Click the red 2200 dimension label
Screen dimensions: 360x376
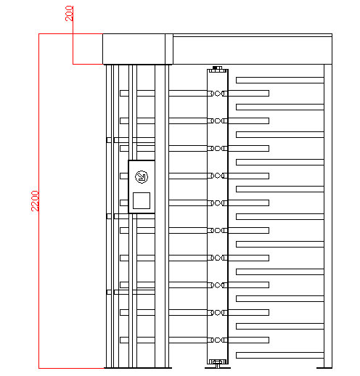(35, 201)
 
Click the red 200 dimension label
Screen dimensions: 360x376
(69, 13)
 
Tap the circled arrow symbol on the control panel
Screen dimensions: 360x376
(142, 176)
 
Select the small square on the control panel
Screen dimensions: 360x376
(142, 200)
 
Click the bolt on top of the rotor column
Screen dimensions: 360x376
(218, 68)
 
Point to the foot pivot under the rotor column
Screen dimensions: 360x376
(218, 365)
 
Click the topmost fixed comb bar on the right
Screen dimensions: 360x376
(280, 80)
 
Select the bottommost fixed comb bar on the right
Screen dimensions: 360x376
(280, 355)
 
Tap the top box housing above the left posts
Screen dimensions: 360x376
(134, 49)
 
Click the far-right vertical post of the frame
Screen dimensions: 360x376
(328, 216)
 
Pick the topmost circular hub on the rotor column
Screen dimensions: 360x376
(218, 93)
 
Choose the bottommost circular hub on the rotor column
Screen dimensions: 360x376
(218, 340)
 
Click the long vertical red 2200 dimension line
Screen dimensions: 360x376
(39, 201)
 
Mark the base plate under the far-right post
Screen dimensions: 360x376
(324, 368)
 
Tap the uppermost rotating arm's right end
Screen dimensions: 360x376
(269, 93)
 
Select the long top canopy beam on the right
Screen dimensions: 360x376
(253, 49)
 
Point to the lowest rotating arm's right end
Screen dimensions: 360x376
(269, 340)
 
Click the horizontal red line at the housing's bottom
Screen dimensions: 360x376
(88, 64)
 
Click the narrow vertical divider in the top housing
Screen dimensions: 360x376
(169, 49)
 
